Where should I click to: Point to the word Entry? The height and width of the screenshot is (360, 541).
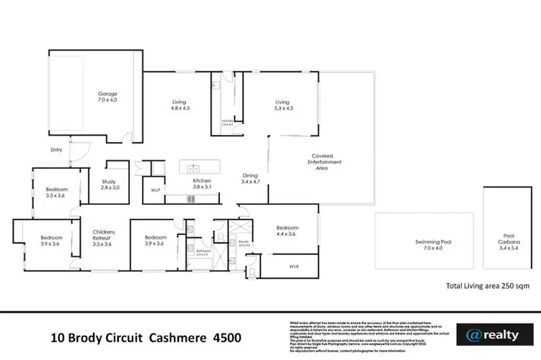pos(56,150)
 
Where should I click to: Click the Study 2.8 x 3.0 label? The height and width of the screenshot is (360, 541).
pos(109,185)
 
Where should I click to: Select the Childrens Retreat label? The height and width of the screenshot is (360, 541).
pos(104,238)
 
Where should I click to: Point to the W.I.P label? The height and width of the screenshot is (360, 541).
pos(154,191)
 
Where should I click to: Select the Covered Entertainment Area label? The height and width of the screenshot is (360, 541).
pos(326,162)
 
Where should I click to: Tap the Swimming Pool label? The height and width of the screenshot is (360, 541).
pos(423,245)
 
